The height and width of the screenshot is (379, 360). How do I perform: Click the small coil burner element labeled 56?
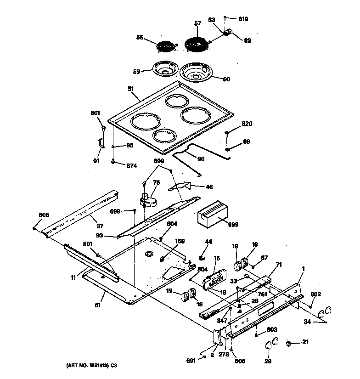[x=165, y=47]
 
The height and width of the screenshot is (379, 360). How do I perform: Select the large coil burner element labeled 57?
[x=196, y=45]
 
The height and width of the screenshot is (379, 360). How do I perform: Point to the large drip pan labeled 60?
[x=196, y=73]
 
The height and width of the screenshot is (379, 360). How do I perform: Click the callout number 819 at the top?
[x=243, y=19]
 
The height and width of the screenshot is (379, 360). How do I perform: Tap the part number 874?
[x=132, y=165]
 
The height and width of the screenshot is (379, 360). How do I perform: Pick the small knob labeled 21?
[x=290, y=343]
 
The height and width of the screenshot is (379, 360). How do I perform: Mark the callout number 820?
[x=247, y=124]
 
